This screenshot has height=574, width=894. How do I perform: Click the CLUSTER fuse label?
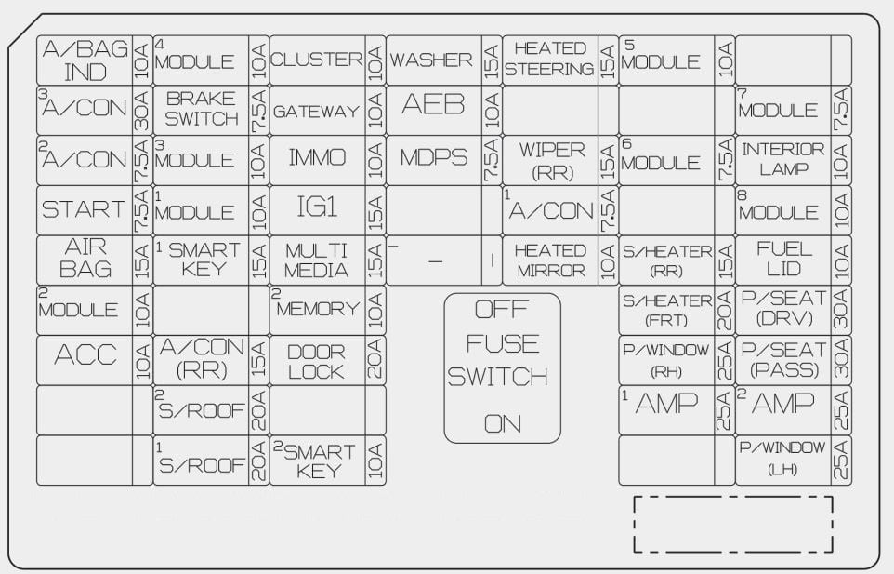[317, 60]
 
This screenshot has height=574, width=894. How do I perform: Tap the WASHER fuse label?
[431, 60]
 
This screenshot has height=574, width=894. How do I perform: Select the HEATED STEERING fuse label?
[549, 59]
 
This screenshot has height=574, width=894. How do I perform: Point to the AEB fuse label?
[433, 104]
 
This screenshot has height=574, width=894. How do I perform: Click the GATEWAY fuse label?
[317, 111]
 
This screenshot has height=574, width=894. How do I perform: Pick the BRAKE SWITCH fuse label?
[202, 109]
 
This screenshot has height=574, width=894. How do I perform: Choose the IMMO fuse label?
[317, 157]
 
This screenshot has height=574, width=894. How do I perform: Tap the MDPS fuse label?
[433, 157]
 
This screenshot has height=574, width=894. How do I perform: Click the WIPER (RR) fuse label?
[552, 160]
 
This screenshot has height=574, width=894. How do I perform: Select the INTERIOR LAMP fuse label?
[782, 159]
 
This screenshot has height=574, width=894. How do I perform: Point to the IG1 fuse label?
[317, 207]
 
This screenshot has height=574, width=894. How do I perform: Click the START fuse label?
[84, 209]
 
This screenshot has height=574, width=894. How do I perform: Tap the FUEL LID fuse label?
[784, 259]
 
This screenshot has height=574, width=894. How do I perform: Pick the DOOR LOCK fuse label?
[316, 362]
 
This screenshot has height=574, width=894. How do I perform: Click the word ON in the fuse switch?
[503, 424]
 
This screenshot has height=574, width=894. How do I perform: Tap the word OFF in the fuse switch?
[502, 310]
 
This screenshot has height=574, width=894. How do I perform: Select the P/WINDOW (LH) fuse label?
[782, 458]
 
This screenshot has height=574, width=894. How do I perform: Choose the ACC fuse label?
[85, 354]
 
